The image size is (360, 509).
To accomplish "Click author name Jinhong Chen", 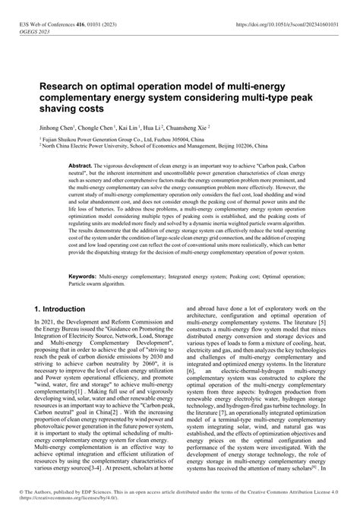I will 57,128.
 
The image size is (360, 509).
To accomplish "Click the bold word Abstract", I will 81,165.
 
